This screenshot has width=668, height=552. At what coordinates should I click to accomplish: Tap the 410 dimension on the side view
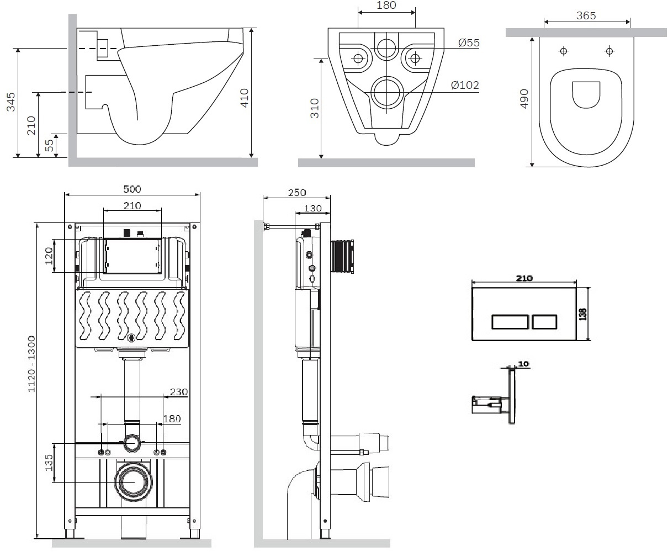tap(245, 97)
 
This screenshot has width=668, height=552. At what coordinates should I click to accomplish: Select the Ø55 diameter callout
tap(469, 43)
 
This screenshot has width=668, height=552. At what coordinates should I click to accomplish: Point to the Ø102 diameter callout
tap(465, 85)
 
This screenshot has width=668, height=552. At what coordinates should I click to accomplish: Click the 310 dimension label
tap(315, 107)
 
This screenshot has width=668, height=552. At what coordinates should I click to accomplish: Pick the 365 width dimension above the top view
tap(586, 16)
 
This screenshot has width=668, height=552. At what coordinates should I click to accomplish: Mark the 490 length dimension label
tap(524, 99)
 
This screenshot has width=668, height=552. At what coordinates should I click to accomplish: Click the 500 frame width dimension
tap(132, 189)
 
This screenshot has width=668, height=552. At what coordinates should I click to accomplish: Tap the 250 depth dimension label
tap(296, 193)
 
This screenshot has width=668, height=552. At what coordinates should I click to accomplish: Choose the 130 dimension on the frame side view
tap(313, 208)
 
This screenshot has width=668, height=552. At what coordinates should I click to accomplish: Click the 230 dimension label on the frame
tap(179, 392)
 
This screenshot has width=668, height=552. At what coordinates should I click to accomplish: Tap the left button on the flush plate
tap(511, 321)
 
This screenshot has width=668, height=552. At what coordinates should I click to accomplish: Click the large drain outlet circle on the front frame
tap(132, 480)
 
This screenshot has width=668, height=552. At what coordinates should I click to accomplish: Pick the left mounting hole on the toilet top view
tap(564, 51)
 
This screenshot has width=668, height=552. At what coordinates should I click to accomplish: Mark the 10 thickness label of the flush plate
tap(523, 364)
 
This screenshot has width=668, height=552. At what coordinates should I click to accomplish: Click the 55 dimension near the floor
tap(49, 145)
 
